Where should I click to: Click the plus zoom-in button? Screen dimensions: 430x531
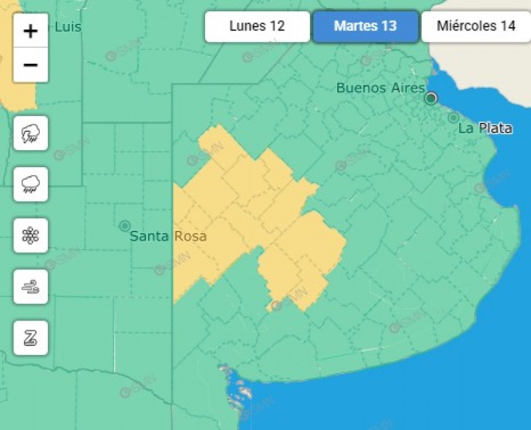click(31, 31)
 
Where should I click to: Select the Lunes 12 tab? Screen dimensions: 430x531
click(257, 27)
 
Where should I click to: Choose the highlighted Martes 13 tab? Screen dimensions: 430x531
click(365, 27)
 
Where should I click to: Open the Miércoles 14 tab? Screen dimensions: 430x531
click(476, 27)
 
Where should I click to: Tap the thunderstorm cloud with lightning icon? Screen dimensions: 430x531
click(31, 133)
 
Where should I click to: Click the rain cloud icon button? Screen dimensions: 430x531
click(31, 184)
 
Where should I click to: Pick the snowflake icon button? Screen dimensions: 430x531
click(31, 235)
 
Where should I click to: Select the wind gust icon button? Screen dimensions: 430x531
click(31, 287)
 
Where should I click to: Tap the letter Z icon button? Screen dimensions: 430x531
click(31, 338)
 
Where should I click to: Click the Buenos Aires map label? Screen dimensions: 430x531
click(380, 88)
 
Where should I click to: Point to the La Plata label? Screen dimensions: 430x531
click(485, 128)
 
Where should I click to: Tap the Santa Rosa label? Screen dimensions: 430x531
click(168, 236)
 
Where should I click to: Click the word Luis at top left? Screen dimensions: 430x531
click(68, 27)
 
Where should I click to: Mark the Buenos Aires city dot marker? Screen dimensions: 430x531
click(431, 98)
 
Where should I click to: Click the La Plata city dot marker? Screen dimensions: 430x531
click(453, 118)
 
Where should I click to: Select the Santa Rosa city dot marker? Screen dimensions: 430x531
click(124, 226)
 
